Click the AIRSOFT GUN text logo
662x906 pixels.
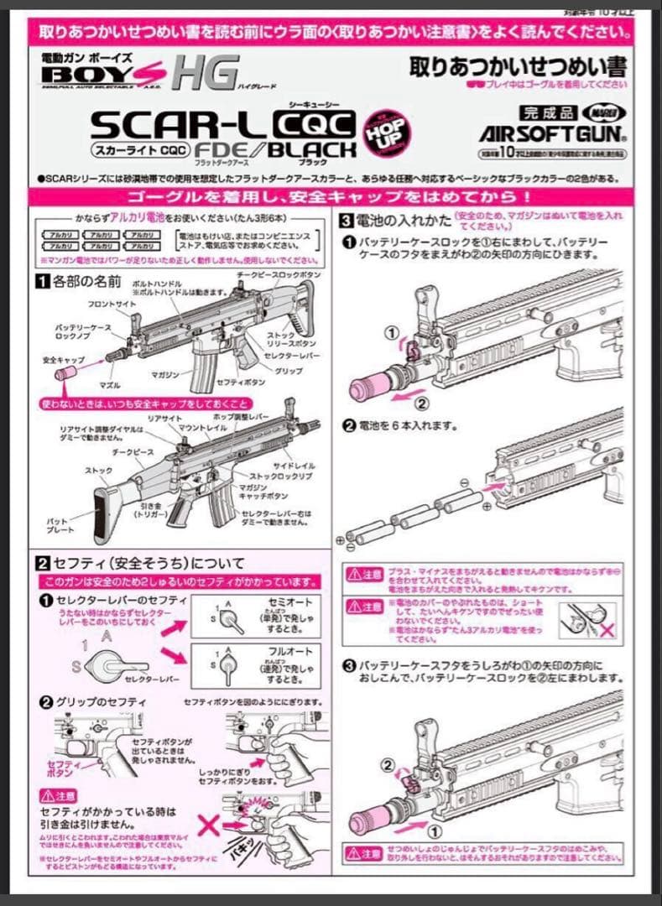point(551,133)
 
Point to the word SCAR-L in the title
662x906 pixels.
point(178,125)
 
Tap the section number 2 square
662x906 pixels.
point(39,562)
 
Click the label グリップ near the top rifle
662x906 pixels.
point(289,370)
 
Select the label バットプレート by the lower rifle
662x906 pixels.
point(56,526)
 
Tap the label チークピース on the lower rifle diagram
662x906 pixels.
point(107,450)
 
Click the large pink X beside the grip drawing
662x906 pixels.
point(210,824)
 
